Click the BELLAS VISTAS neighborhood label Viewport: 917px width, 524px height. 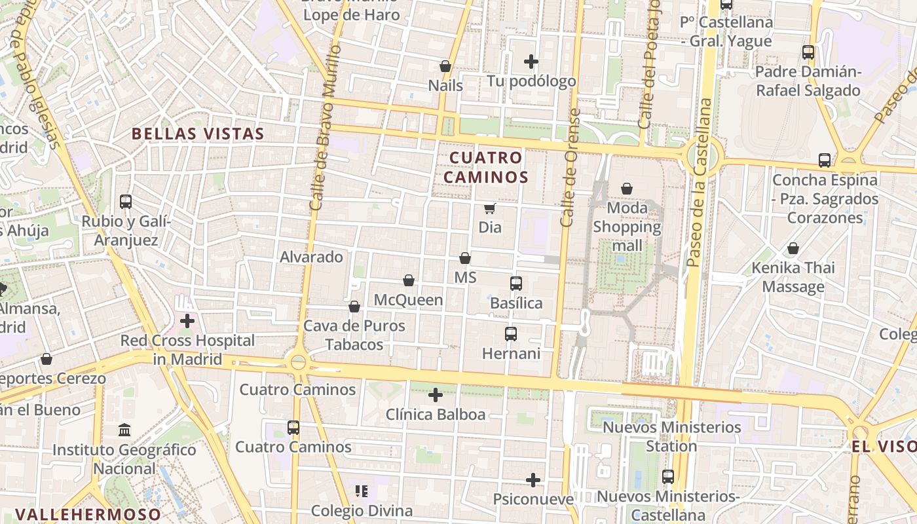[x=198, y=134]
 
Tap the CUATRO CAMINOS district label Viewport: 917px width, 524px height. [x=485, y=167]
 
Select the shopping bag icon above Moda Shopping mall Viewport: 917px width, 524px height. [x=627, y=189]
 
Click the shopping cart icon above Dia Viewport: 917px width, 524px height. [x=489, y=208]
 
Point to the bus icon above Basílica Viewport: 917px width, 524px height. [x=516, y=284]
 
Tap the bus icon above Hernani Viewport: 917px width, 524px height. [x=511, y=334]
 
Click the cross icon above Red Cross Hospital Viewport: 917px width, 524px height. [x=187, y=321]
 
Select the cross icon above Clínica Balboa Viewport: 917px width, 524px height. [x=436, y=395]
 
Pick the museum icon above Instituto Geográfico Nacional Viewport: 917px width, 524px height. [x=124, y=430]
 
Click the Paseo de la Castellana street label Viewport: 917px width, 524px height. [x=698, y=183]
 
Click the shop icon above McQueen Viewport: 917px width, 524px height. [x=409, y=280]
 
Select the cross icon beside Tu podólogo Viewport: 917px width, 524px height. [x=531, y=62]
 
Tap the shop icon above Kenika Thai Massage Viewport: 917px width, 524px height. [x=793, y=248]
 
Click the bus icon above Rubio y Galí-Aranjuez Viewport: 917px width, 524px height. [x=126, y=202]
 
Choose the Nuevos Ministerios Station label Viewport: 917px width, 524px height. [x=671, y=437]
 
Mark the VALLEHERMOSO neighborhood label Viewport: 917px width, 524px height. [x=88, y=514]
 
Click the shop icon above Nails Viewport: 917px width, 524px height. [x=445, y=66]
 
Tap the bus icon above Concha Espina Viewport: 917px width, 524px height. [x=825, y=160]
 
